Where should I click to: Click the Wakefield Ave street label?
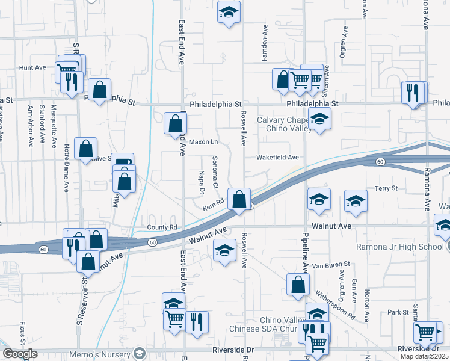277,158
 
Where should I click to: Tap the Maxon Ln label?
203,143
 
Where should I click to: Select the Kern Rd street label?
213,206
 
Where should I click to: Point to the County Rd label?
162,228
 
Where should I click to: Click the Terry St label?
386,188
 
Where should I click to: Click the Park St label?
398,312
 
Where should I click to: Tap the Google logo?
20,354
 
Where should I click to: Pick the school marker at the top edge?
229,13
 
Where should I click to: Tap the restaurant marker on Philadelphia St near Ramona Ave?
413,93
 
